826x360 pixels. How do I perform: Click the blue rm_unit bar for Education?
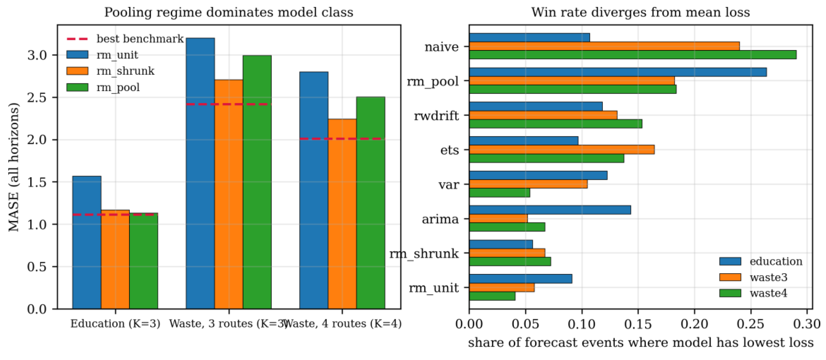pos(87,242)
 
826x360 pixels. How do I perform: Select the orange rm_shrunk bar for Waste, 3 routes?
pos(229,194)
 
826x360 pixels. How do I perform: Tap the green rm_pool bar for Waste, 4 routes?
pos(371,203)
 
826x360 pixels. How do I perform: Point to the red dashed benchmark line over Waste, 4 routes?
pos(342,139)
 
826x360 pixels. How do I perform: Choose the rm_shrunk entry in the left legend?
pos(110,71)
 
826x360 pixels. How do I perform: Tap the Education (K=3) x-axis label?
pos(115,324)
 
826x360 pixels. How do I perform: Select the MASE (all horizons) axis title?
pos(13,167)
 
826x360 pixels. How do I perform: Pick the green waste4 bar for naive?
pos(633,55)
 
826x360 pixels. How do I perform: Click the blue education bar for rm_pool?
pos(618,72)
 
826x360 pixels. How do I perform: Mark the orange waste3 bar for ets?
pos(562,150)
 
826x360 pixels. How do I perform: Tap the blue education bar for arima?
pos(550,210)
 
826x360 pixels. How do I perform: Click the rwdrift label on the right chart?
pos(436,116)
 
